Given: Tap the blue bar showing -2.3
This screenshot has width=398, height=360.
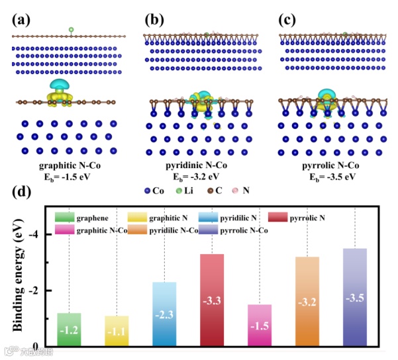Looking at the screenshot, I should pyautogui.click(x=164, y=314).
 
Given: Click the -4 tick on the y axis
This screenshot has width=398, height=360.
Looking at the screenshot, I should pyautogui.click(x=39, y=235).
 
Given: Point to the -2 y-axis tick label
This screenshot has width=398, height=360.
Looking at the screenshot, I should pyautogui.click(x=39, y=291).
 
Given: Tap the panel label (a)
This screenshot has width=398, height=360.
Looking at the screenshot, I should pyautogui.click(x=21, y=19).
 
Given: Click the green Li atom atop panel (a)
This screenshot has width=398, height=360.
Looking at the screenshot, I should pyautogui.click(x=71, y=30).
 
